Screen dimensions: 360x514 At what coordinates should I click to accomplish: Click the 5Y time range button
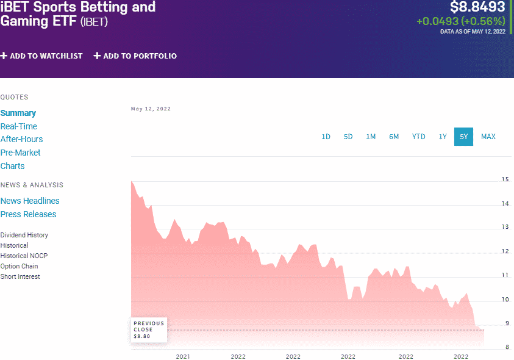pyautogui.click(x=463, y=137)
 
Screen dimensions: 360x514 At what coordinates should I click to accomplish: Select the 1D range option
pyautogui.click(x=326, y=137)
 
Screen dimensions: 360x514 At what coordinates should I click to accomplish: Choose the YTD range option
pyautogui.click(x=418, y=137)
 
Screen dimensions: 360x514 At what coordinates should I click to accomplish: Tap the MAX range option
pyautogui.click(x=488, y=137)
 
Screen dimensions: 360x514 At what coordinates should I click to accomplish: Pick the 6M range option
pyautogui.click(x=394, y=137)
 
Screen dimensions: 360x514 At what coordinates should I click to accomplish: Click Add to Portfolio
pyautogui.click(x=135, y=56)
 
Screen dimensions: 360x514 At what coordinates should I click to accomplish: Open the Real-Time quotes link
pyautogui.click(x=19, y=126)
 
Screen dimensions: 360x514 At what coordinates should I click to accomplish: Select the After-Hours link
pyautogui.click(x=22, y=139)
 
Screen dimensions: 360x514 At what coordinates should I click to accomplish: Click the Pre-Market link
pyautogui.click(x=21, y=153)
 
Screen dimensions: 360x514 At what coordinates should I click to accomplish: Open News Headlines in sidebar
pyautogui.click(x=30, y=201)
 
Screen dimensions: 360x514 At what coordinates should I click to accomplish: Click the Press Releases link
pyautogui.click(x=28, y=214)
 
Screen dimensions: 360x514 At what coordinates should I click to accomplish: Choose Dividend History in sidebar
pyautogui.click(x=24, y=235)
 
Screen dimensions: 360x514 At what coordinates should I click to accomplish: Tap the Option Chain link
pyautogui.click(x=20, y=266)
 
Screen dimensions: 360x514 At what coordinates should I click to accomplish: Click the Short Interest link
pyautogui.click(x=20, y=276)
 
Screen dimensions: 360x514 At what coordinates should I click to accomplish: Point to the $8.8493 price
pyautogui.click(x=477, y=7)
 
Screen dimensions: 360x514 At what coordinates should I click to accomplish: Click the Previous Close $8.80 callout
pyautogui.click(x=149, y=329)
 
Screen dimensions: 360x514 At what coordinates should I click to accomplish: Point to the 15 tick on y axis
pyautogui.click(x=505, y=179)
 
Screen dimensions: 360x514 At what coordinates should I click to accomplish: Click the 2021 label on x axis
pyautogui.click(x=183, y=356)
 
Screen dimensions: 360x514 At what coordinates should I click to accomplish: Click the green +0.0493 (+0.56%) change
pyautogui.click(x=460, y=21)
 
